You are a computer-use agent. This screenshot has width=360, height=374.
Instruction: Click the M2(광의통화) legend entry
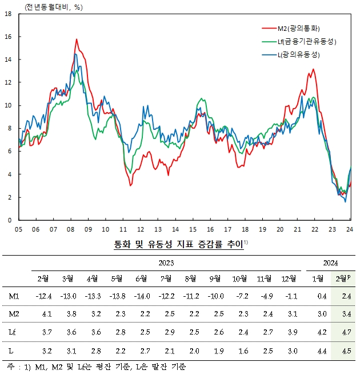(x=297, y=28)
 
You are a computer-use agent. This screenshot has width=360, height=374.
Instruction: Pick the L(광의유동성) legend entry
(x=297, y=55)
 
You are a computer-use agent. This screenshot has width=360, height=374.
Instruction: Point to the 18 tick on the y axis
(x=8, y=14)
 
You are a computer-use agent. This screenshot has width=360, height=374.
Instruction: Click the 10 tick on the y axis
(x=8, y=105)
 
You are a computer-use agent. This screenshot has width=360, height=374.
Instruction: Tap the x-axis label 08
(x=70, y=229)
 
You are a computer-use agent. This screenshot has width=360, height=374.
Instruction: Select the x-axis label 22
(x=315, y=229)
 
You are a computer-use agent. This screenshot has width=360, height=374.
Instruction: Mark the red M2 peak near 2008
(x=77, y=39)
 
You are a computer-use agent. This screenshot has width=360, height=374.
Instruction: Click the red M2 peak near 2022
(x=313, y=70)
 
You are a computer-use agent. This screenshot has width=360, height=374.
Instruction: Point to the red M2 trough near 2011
(x=131, y=185)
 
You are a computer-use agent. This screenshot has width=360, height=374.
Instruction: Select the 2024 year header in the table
(x=330, y=263)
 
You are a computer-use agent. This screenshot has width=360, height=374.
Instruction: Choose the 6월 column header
(x=141, y=278)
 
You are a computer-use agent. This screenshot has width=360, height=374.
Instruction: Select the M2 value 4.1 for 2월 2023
(x=42, y=313)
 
